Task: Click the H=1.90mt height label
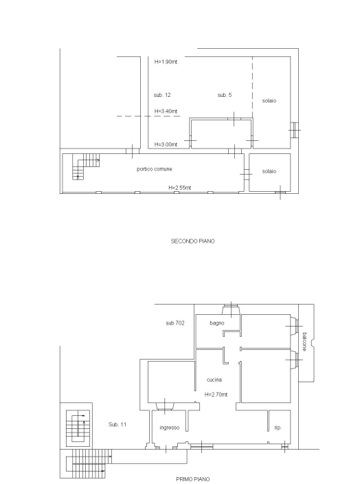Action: point(166,62)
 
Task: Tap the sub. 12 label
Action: point(162,95)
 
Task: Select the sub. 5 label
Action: point(224,95)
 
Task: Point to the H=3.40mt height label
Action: point(166,111)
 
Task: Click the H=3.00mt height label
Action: point(166,144)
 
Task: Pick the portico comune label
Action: point(155,169)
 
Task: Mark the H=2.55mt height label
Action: point(180,188)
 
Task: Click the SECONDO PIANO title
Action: point(192,241)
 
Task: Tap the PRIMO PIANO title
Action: point(193,479)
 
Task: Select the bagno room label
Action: point(217,323)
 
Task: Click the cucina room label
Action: point(214,379)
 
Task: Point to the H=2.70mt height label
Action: point(216,395)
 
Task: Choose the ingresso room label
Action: point(170,428)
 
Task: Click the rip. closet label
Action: point(278,428)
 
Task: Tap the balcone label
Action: point(304,342)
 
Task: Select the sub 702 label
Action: point(175,323)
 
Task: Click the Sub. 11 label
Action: point(117,425)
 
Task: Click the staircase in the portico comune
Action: point(86,166)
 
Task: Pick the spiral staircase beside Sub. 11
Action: point(78,428)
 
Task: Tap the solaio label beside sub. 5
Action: point(269,100)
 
